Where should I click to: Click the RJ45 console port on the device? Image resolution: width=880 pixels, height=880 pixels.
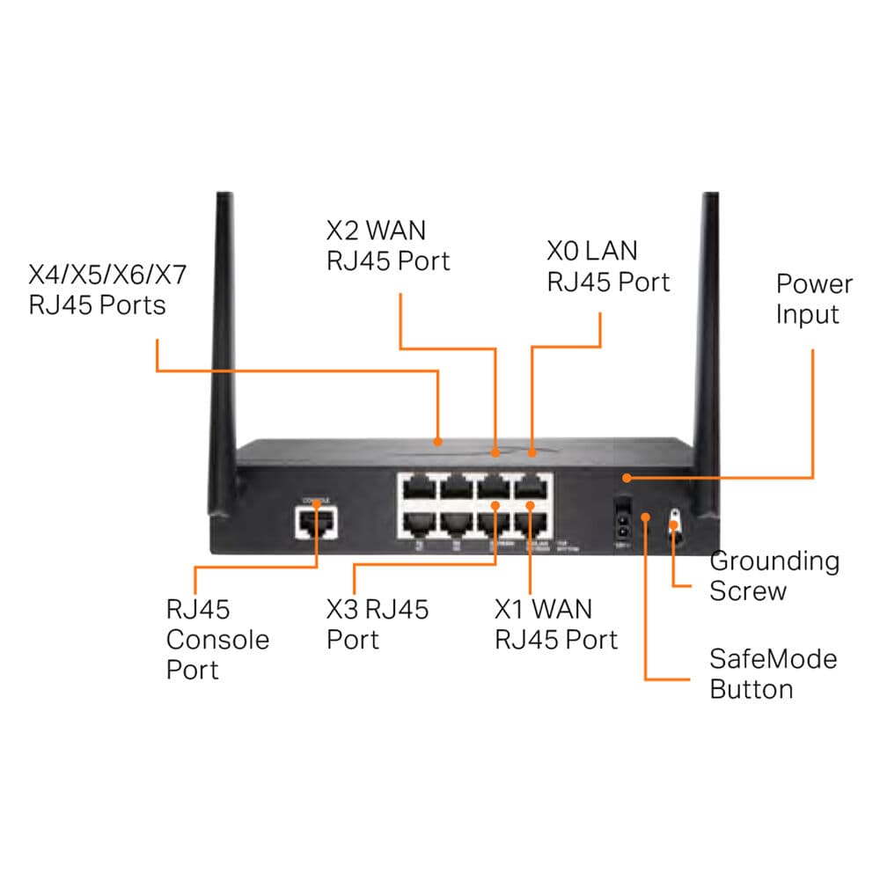pyautogui.click(x=315, y=524)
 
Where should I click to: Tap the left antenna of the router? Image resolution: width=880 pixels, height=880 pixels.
pyautogui.click(x=222, y=352)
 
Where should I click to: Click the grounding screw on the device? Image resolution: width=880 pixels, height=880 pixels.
pyautogui.click(x=675, y=526)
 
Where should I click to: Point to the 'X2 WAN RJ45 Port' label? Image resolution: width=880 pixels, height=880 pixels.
pyautogui.click(x=387, y=246)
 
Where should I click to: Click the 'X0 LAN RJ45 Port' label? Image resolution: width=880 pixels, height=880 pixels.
pyautogui.click(x=608, y=267)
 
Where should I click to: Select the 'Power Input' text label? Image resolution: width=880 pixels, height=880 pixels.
pyautogui.click(x=814, y=299)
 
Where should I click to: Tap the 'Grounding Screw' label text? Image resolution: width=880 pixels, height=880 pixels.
pyautogui.click(x=774, y=576)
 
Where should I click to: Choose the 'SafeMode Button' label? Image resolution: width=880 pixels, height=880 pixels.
pyautogui.click(x=773, y=673)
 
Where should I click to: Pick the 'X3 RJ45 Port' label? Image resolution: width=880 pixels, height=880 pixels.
pyautogui.click(x=378, y=624)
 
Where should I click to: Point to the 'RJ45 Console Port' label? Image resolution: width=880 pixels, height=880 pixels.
pyautogui.click(x=217, y=640)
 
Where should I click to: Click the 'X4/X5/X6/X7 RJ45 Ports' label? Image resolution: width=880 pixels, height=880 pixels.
pyautogui.click(x=108, y=290)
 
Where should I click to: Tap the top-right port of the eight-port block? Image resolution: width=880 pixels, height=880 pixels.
pyautogui.click(x=533, y=487)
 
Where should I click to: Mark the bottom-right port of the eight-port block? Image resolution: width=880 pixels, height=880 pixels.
pyautogui.click(x=533, y=524)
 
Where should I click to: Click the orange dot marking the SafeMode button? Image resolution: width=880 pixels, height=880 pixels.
pyautogui.click(x=645, y=518)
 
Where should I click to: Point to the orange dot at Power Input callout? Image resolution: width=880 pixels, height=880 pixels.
pyautogui.click(x=626, y=478)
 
